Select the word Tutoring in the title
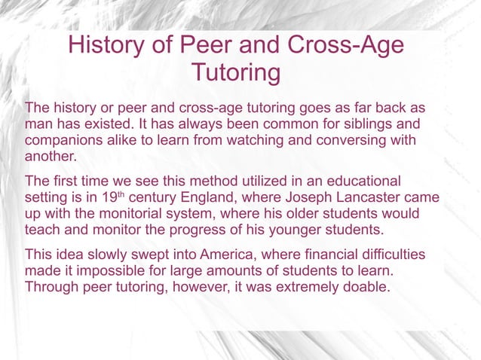click(x=235, y=74)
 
